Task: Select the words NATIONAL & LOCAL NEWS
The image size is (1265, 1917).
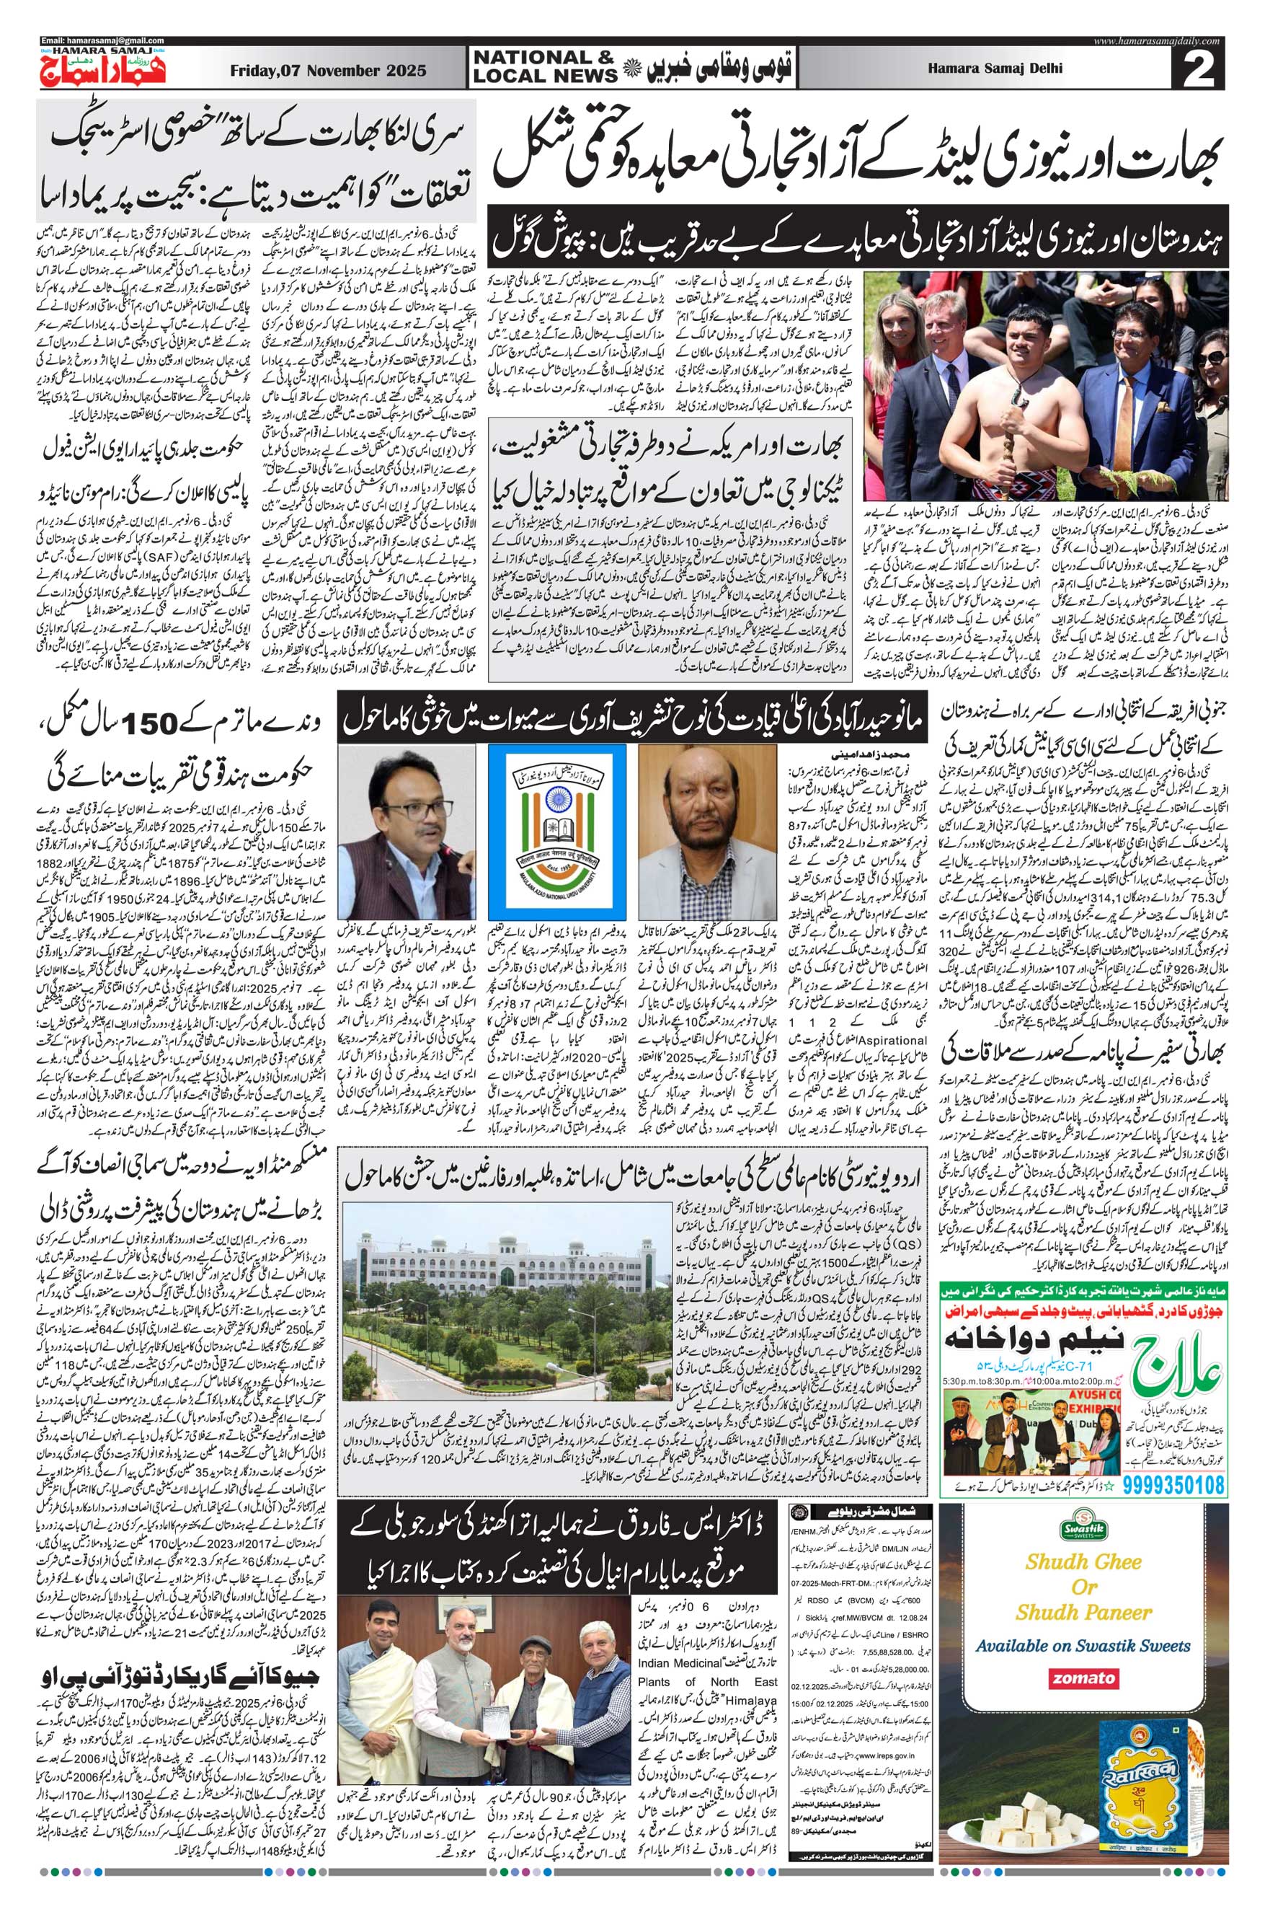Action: [x=543, y=67]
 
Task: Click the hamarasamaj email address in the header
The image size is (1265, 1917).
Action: [x=102, y=40]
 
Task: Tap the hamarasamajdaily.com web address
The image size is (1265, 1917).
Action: [x=1158, y=40]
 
